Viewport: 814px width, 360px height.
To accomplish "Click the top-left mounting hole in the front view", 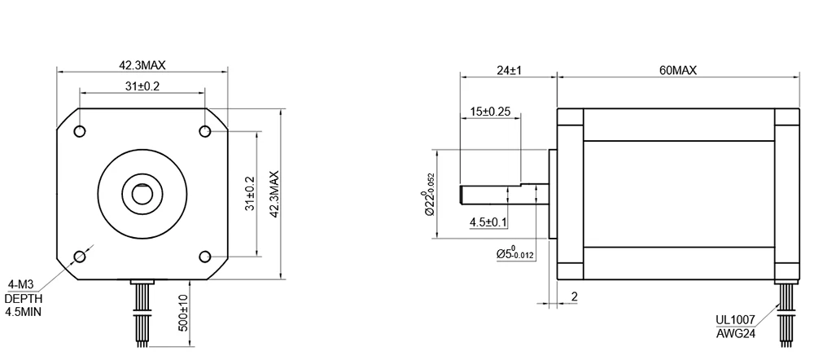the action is point(80,131).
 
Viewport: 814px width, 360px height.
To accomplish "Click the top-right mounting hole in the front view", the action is point(205,131).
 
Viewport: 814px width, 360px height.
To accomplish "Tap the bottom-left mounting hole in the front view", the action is point(80,256).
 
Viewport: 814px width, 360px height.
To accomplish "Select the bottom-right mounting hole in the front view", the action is point(205,256).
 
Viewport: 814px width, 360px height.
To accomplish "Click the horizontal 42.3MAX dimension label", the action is point(142,65).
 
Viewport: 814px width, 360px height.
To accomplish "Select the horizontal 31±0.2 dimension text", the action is point(142,86).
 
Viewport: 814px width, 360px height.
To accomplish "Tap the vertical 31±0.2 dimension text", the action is point(251,194).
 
